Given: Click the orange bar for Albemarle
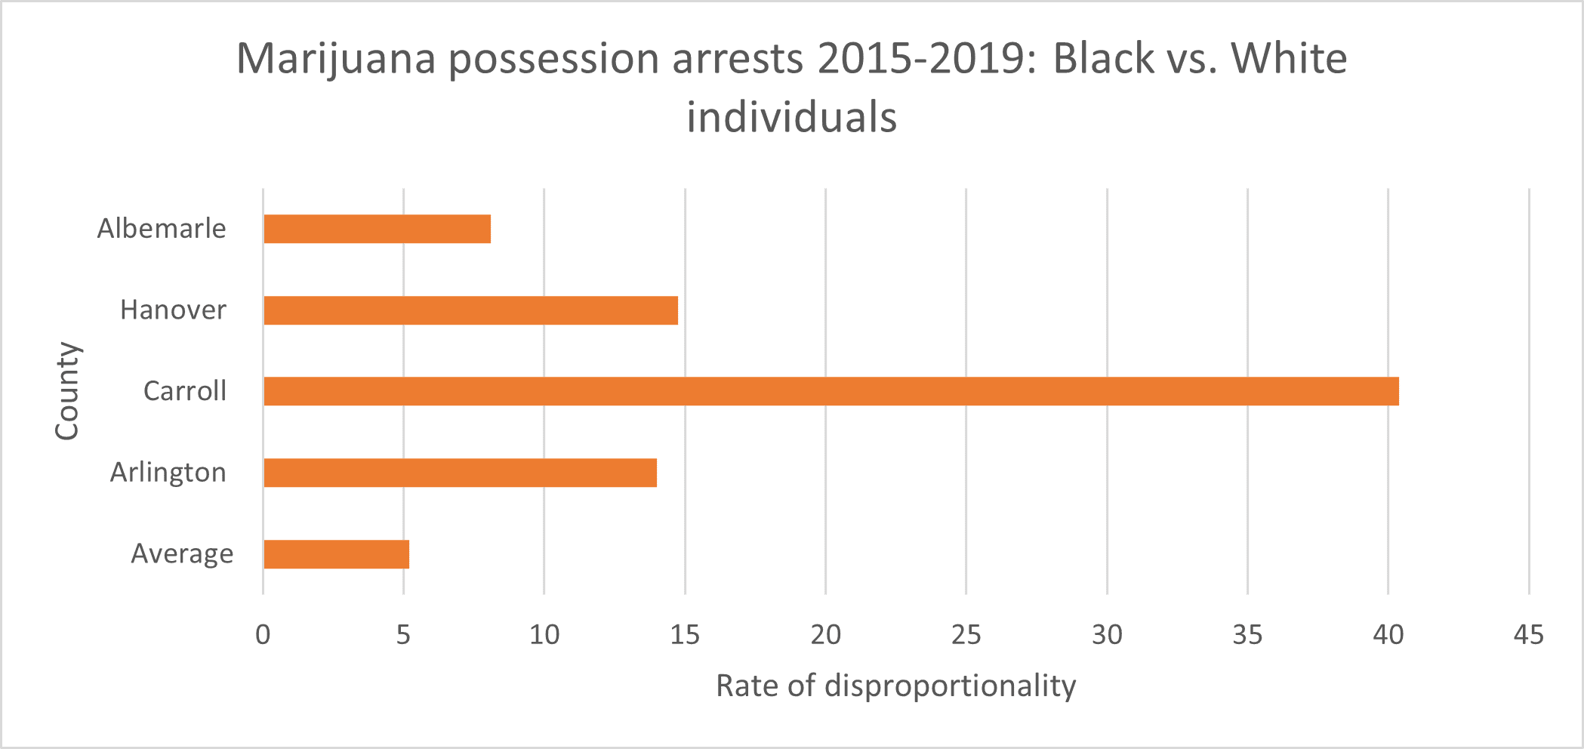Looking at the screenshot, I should pos(377,229).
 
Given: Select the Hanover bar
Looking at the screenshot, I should pos(470,310).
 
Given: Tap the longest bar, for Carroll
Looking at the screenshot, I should pos(831,391).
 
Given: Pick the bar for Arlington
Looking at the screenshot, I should pos(460,473).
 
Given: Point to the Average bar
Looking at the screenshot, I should pos(336,554).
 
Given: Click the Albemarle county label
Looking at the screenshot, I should pos(162,229).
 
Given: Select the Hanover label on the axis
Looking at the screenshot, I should pos(173,310).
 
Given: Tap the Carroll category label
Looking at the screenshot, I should pos(185,391).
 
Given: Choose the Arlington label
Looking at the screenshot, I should pos(168,473).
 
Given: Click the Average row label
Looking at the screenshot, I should pos(182,554).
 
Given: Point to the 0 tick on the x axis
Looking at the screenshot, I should pos(263,635).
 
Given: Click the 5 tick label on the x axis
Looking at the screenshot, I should pos(403,635).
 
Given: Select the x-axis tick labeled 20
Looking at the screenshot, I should pos(825,635).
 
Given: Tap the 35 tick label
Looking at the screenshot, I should pos(1247,635).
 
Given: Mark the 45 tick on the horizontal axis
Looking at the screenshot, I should pos(1529,635).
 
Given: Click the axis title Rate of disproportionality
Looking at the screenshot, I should pos(895,686).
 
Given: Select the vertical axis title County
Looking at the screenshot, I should pos(67,391).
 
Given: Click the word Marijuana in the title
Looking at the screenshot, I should pos(336,59).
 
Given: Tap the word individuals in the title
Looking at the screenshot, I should pos(791,118).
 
